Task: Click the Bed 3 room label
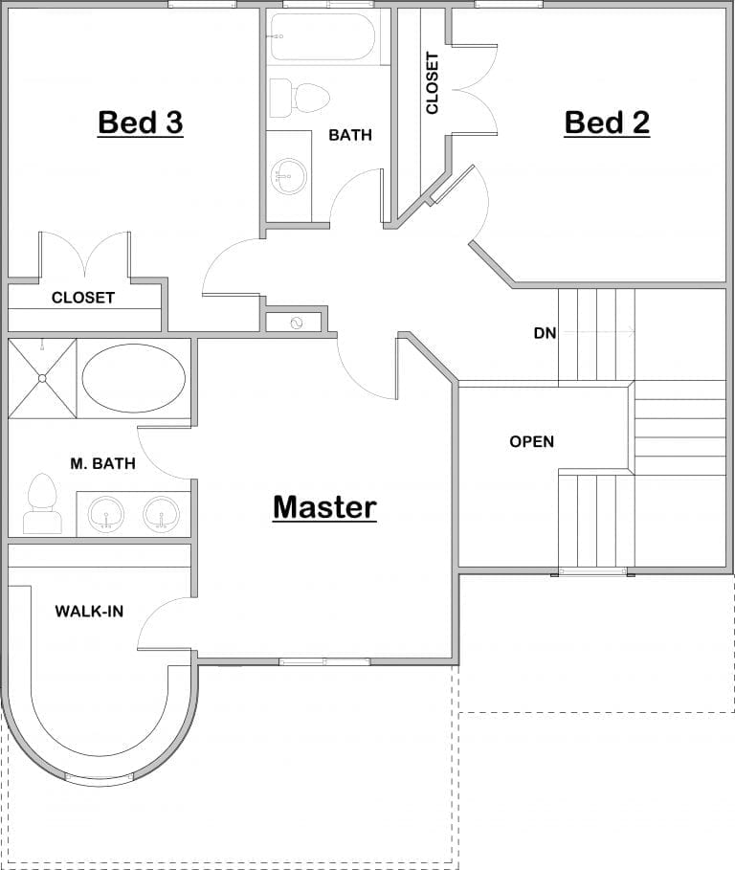pyautogui.click(x=141, y=123)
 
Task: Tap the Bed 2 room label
pyautogui.click(x=607, y=123)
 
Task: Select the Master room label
pyautogui.click(x=324, y=506)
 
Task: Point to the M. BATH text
pyautogui.click(x=102, y=464)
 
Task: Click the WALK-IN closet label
pyautogui.click(x=89, y=611)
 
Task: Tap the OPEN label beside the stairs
pyautogui.click(x=531, y=441)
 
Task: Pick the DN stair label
pyautogui.click(x=545, y=333)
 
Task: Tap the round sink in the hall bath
pyautogui.click(x=289, y=174)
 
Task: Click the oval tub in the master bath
pyautogui.click(x=134, y=379)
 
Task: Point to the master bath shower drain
pyautogui.click(x=42, y=378)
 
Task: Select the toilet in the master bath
pyautogui.click(x=41, y=504)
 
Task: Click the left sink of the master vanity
pyautogui.click(x=106, y=514)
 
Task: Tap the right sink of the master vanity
pyautogui.click(x=161, y=514)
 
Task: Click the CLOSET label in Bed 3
pyautogui.click(x=83, y=298)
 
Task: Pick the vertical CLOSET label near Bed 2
pyautogui.click(x=433, y=83)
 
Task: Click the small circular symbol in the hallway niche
pyautogui.click(x=296, y=323)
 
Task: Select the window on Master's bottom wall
pyautogui.click(x=324, y=661)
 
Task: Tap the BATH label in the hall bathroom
pyautogui.click(x=350, y=135)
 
